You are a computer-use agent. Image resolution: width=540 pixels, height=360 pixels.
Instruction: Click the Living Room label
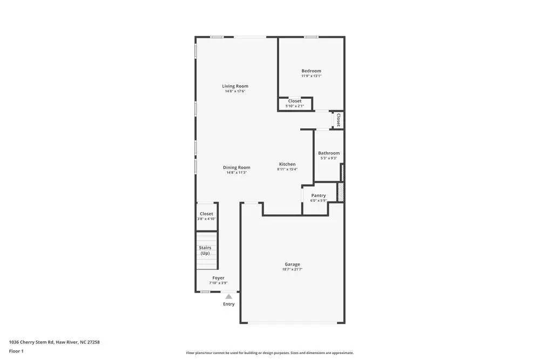235,86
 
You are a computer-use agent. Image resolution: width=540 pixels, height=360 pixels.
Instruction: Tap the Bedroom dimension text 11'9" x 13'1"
311,76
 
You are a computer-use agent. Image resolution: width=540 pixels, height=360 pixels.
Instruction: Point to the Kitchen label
287,164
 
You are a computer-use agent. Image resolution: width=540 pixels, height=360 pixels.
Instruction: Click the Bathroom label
328,153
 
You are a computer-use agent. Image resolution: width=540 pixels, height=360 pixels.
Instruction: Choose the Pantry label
319,195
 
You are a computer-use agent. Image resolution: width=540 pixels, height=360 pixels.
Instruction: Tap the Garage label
292,264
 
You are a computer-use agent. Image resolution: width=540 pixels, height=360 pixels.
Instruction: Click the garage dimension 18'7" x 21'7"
292,269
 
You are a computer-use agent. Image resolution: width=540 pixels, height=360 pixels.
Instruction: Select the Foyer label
218,278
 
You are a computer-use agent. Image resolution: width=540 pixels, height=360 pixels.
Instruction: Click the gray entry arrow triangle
229,296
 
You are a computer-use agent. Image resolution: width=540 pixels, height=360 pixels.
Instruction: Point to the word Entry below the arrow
229,304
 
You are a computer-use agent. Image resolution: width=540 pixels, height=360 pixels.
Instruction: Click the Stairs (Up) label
205,250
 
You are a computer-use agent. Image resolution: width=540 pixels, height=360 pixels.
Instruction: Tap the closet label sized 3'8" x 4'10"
206,214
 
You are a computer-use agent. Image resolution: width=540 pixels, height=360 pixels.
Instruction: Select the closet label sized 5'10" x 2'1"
295,101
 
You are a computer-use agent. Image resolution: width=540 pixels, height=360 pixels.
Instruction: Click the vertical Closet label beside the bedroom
339,119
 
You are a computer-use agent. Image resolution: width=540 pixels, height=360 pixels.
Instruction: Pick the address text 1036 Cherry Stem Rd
54,342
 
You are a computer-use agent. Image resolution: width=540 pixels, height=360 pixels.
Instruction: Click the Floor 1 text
16,351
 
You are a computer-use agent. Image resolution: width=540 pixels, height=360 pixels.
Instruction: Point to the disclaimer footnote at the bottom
270,353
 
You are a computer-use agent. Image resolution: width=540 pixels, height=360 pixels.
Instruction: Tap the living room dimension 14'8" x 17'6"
235,91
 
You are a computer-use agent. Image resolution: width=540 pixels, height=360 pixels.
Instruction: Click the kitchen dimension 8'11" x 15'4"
287,169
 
